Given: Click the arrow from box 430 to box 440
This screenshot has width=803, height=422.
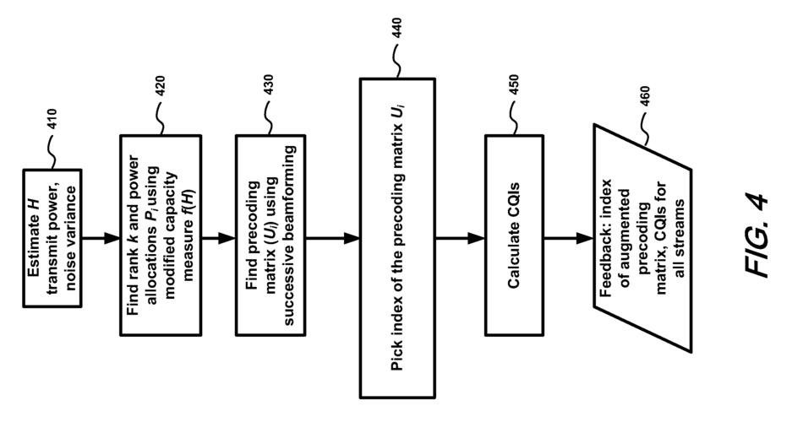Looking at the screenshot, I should [332, 239].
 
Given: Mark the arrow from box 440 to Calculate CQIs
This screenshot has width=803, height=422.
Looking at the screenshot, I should [459, 239].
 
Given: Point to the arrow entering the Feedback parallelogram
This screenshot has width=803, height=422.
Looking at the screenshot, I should [568, 239].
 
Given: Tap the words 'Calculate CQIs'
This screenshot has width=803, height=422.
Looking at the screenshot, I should [513, 239].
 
